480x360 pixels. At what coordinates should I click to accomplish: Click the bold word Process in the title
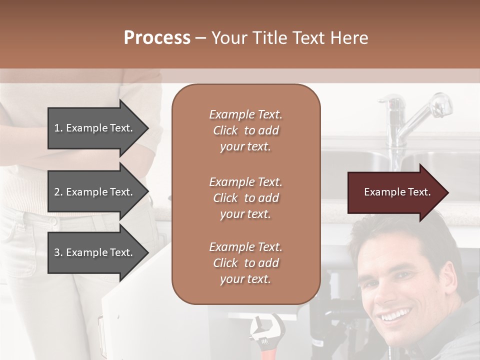coord(157,38)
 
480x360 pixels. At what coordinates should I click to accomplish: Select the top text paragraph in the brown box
coord(245,130)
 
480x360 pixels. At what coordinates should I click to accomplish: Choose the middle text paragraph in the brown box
coord(245,198)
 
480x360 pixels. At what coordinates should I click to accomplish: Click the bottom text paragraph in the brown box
coord(245,263)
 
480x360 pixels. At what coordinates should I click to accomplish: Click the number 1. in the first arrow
coord(58,128)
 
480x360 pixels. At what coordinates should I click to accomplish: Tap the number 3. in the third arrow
coord(58,252)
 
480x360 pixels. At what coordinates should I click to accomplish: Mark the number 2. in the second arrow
coord(58,192)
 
